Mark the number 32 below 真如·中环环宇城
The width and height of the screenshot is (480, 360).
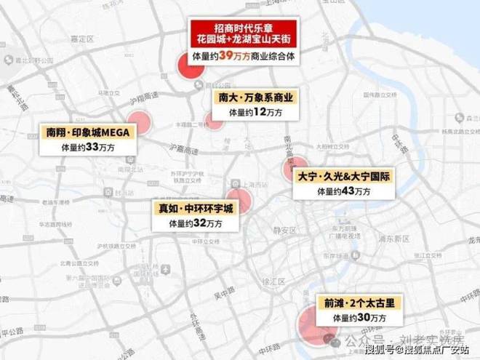[199, 223]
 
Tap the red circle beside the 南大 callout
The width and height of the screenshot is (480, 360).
[215, 121]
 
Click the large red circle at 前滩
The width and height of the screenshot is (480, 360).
[314, 324]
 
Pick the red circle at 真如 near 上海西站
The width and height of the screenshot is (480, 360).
[238, 201]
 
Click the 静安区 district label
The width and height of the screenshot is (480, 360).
[284, 230]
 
